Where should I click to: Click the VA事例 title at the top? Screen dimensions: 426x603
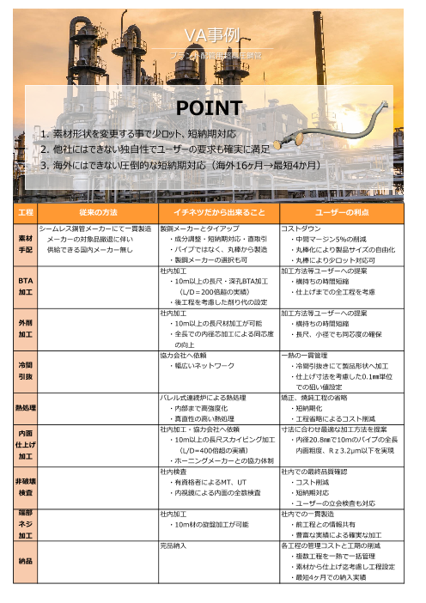(x=212, y=35)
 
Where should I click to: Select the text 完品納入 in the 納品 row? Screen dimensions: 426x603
(x=174, y=545)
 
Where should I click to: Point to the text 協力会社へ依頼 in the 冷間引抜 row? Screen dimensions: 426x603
(x=183, y=353)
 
